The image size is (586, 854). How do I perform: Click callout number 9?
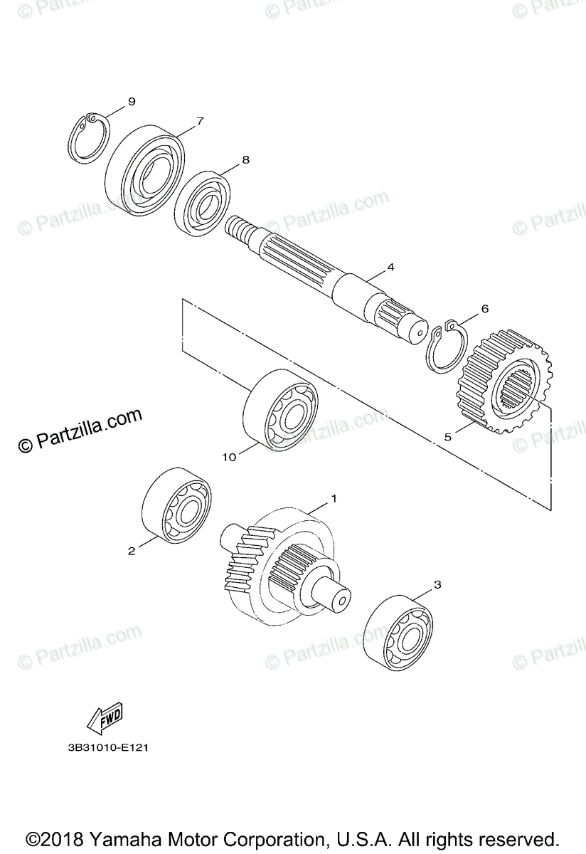pyautogui.click(x=131, y=102)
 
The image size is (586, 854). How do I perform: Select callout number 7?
pyautogui.click(x=200, y=121)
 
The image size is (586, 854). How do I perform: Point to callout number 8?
pyautogui.click(x=245, y=160)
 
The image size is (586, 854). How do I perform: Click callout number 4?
pyautogui.click(x=390, y=268)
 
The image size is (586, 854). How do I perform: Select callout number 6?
pyautogui.click(x=485, y=309)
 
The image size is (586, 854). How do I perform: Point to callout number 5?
pyautogui.click(x=448, y=437)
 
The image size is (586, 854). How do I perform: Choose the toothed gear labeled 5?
pyautogui.click(x=507, y=381)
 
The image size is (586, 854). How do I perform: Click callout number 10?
pyautogui.click(x=229, y=458)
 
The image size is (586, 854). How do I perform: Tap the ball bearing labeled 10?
pyautogui.click(x=280, y=410)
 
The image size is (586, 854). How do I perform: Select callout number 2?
pyautogui.click(x=132, y=550)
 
